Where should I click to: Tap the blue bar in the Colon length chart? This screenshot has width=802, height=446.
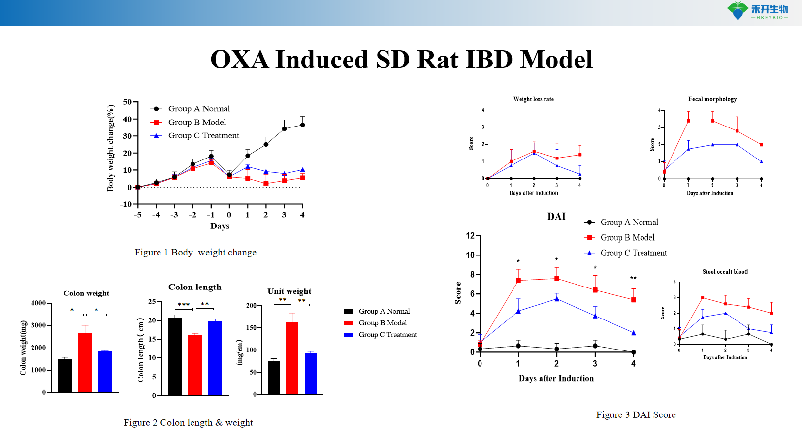point(215,358)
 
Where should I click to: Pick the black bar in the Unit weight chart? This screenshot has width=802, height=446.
point(274,378)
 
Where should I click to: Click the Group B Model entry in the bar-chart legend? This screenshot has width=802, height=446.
point(383,323)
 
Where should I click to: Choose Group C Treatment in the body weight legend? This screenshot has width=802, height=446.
point(203,136)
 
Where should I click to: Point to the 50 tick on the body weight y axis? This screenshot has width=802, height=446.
point(128,102)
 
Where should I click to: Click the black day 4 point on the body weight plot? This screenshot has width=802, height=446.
point(302,125)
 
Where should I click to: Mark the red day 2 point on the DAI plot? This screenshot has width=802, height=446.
point(557,279)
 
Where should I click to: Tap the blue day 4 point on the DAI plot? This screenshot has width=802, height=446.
point(633,333)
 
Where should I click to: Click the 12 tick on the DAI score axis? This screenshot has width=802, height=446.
point(470,236)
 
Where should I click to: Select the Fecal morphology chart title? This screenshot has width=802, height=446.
point(712,99)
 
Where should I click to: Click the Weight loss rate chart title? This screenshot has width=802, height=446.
point(533,99)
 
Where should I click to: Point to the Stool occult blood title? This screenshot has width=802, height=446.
point(725,272)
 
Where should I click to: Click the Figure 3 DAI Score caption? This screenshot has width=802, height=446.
point(636,415)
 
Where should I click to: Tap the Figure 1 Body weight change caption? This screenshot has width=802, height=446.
point(195,253)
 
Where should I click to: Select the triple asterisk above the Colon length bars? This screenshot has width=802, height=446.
point(184,305)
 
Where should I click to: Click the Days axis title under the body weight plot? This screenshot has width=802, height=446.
point(220,226)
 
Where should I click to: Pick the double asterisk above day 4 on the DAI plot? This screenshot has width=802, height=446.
point(633,278)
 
